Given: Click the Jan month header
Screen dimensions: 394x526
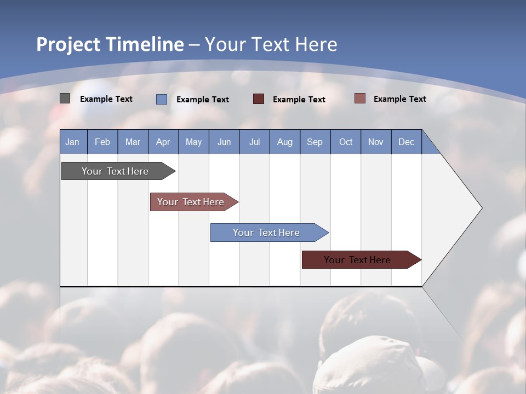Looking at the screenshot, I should tap(72, 142).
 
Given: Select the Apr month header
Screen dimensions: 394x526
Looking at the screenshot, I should tap(163, 142).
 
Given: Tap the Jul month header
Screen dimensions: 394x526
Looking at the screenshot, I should tap(254, 142).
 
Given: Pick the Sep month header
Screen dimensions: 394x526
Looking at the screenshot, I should tap(315, 142).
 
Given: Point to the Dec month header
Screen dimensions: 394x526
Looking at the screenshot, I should tap(406, 142).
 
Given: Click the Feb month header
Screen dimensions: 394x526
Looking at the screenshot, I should tap(102, 142).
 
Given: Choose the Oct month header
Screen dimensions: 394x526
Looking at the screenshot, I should tap(346, 142).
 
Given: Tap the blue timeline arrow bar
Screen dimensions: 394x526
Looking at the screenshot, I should tap(267, 233).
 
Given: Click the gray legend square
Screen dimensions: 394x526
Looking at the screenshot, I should tap(65, 99).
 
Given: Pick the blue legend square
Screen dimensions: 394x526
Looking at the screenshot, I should tap(162, 99).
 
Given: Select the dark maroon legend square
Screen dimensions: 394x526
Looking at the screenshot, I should tap(259, 99).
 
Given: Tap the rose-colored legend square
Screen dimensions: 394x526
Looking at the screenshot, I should tap(360, 99).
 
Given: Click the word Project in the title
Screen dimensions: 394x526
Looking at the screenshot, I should tap(68, 44).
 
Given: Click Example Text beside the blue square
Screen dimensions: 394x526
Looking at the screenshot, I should tap(203, 100).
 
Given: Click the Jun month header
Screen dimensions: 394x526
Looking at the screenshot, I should tap(224, 142).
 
